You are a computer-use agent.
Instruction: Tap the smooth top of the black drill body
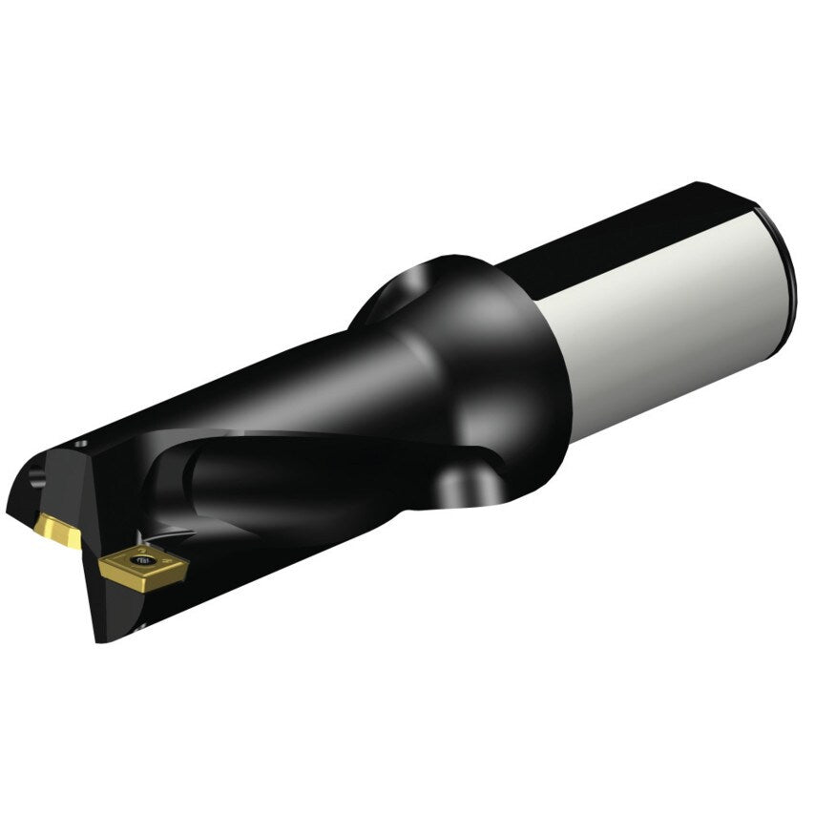click(x=239, y=382)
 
